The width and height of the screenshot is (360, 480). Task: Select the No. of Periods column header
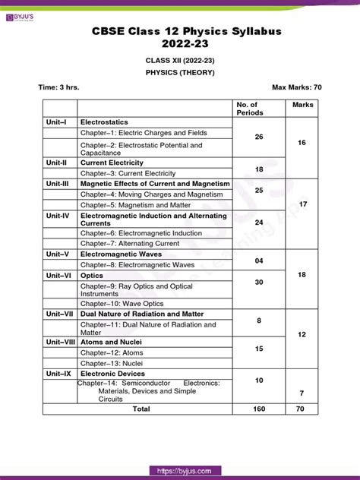[x=248, y=109]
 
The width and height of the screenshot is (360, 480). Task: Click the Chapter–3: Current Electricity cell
[x=128, y=173]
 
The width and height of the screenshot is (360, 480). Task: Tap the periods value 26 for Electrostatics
[x=259, y=137]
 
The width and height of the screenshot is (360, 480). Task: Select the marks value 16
[x=302, y=142]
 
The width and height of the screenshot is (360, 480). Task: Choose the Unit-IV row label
[x=57, y=216]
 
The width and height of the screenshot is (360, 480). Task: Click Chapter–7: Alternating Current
[x=130, y=243]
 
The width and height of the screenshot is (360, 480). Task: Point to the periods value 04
[x=259, y=260]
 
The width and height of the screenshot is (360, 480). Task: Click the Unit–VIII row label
[x=60, y=342]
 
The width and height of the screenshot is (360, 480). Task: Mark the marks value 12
[x=302, y=334]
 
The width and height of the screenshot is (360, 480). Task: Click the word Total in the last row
[x=141, y=409]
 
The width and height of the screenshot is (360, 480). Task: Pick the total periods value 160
[x=259, y=409]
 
